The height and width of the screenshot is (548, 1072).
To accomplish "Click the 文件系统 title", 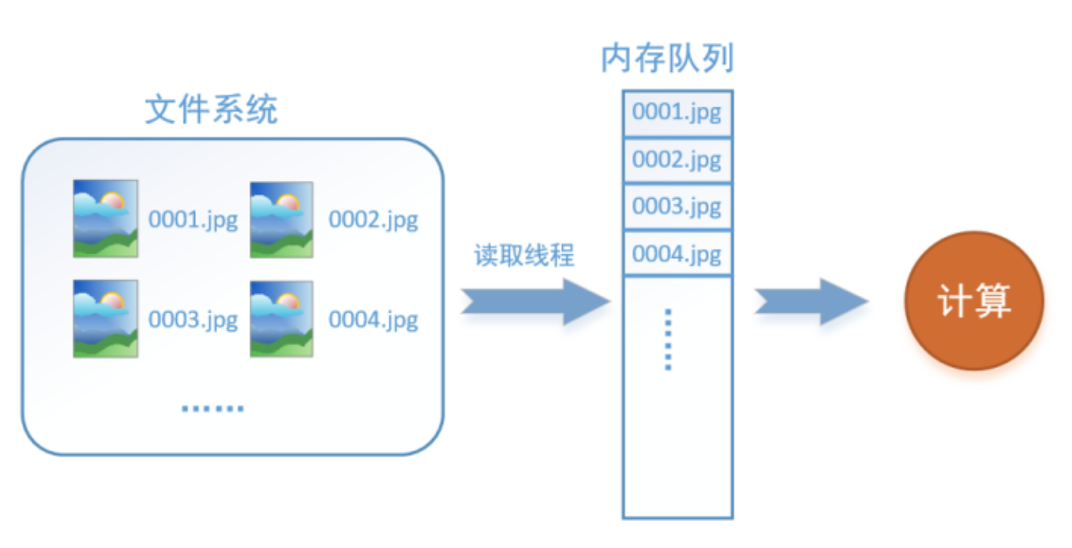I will click(x=212, y=111).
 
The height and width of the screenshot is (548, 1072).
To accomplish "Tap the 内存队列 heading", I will click(x=667, y=59).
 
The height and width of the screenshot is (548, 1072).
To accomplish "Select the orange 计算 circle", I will click(x=974, y=301).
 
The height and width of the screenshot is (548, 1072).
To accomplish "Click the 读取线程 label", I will click(x=524, y=256).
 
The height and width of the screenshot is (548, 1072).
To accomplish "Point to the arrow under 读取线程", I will click(x=536, y=302).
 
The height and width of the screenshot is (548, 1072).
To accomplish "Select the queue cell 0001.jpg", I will click(x=677, y=113).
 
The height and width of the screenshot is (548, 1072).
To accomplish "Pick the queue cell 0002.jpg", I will click(x=677, y=160).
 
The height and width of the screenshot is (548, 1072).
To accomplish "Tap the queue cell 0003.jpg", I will click(x=677, y=207).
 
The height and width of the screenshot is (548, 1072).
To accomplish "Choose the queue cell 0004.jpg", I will click(x=677, y=254).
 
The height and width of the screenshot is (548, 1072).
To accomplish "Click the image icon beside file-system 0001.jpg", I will click(x=105, y=219).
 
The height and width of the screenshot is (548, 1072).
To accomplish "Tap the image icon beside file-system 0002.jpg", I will click(x=282, y=219).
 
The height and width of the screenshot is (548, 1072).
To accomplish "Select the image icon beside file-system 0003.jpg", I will click(x=105, y=319).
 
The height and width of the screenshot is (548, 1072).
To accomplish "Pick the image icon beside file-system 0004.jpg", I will click(x=282, y=319).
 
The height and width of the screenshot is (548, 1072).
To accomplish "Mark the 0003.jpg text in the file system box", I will click(x=193, y=321).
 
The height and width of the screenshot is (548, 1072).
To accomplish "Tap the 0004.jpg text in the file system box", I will click(x=373, y=321).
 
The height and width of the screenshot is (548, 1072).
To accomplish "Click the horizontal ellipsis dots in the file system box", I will click(x=212, y=408).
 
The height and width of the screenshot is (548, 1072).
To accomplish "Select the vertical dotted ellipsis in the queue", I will click(x=668, y=340).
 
